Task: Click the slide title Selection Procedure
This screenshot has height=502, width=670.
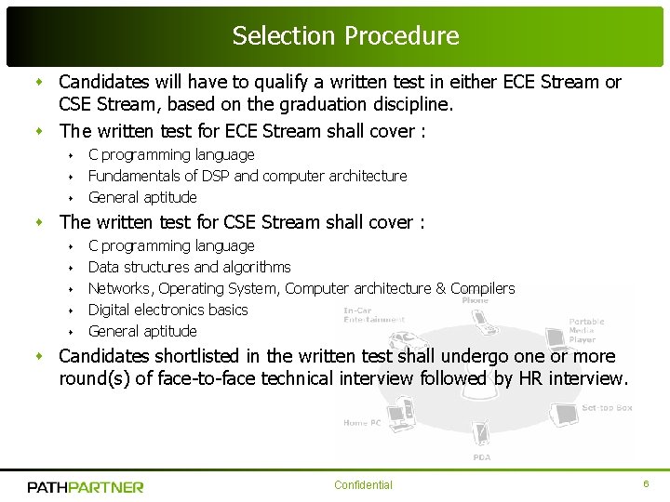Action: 345,36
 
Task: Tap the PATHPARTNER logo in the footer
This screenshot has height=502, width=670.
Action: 86,486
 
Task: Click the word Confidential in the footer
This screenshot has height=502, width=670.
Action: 363,485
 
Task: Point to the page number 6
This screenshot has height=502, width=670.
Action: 646,484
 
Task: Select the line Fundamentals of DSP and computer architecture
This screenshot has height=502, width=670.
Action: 248,176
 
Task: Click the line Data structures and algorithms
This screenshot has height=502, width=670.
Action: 189,267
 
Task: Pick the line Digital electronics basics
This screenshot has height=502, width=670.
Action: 167,310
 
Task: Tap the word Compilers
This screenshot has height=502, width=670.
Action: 482,288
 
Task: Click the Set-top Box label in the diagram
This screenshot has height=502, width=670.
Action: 607,407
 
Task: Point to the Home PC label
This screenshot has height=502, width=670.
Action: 362,423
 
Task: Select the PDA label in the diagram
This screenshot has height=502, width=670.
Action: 481,456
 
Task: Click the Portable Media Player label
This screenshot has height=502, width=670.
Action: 586,330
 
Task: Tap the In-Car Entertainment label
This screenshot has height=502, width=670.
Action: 372,315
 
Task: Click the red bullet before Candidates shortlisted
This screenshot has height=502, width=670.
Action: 40,357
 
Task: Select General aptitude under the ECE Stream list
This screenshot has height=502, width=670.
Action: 142,197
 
